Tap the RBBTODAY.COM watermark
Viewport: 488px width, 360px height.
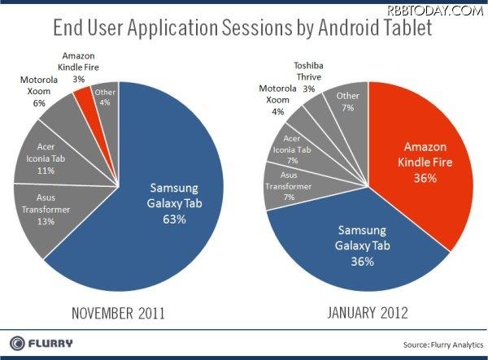click(446, 9)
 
